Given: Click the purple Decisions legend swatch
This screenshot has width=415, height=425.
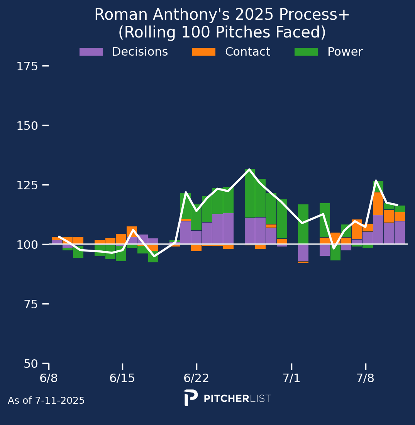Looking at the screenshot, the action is [91, 51].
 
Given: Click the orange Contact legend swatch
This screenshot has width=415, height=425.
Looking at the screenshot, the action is [204, 51].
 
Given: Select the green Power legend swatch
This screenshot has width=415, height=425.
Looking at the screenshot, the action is [306, 51].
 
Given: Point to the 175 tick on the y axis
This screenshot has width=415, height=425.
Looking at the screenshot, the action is [27, 66].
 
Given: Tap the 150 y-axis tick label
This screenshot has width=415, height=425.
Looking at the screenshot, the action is [27, 126].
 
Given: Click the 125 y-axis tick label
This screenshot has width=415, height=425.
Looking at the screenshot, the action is [27, 185].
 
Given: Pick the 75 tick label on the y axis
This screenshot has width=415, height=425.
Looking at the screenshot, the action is [30, 304].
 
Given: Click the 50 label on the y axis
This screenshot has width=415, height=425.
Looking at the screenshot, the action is [30, 364].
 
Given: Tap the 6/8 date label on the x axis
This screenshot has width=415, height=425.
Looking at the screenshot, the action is [49, 378].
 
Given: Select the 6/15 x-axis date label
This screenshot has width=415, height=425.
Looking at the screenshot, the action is [122, 378].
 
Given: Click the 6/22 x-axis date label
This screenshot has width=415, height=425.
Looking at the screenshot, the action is [196, 378].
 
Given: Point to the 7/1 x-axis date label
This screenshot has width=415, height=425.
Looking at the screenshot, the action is [291, 378].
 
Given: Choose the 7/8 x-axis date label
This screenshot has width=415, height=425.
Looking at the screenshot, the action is [366, 378].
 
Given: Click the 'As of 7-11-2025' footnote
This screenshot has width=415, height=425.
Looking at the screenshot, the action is [46, 400].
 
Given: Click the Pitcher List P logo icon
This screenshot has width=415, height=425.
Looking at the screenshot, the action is [190, 398].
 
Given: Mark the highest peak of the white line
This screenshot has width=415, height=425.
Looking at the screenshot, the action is [249, 169].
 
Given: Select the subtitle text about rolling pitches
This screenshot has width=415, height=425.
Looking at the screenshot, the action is [222, 32].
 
